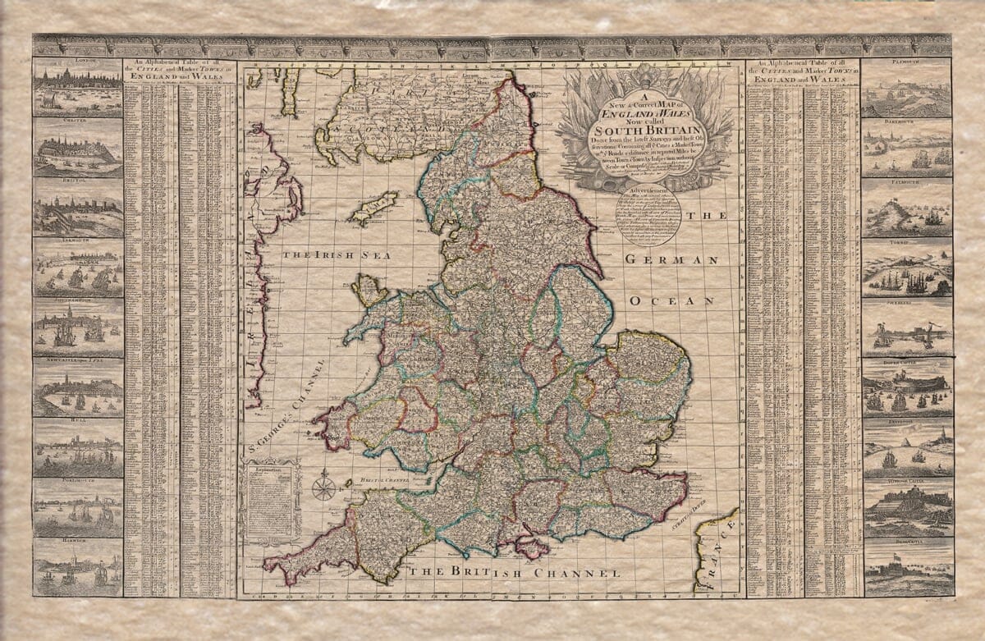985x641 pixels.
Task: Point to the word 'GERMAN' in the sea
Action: [x=671, y=260]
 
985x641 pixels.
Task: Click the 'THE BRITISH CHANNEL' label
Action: [x=515, y=572]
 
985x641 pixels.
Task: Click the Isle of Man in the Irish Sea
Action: [x=373, y=208]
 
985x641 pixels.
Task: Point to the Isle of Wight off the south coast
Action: [x=531, y=545]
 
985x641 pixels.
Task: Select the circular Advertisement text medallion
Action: [x=648, y=216]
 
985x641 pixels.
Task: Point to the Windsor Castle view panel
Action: [x=907, y=506]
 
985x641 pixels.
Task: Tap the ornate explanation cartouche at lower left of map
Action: [x=270, y=501]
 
